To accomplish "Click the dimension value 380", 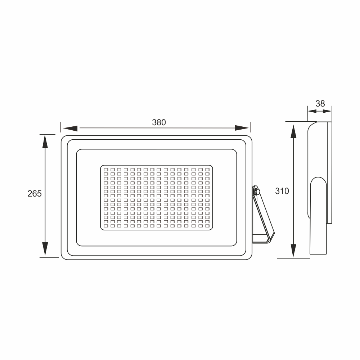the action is tap(159, 122).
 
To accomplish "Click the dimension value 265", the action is tap(35, 194).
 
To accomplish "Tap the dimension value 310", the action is tap(282, 191).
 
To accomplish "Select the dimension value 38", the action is tap(320, 104).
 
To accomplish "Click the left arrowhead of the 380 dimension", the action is tap(70, 129).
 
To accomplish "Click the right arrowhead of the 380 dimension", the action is tap(242, 128).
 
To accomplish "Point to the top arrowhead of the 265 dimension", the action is tap(45, 141).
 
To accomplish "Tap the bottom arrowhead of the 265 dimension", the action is tap(45, 249).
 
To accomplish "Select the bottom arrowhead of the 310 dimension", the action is tap(293, 251).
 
